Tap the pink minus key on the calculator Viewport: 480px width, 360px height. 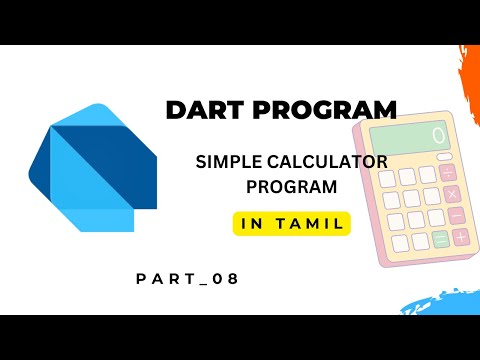click(455, 213)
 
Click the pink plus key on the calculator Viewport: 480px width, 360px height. click(460, 238)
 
